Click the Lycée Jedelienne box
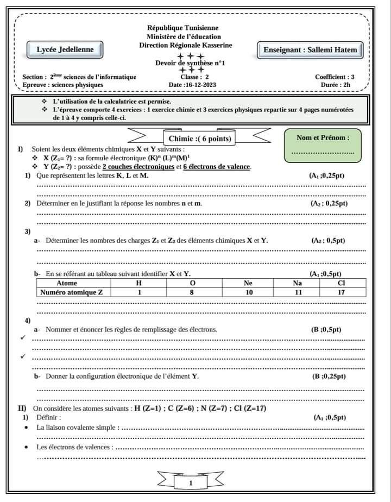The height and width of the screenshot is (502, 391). pos(65,49)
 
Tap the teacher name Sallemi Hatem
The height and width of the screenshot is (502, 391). pos(310,50)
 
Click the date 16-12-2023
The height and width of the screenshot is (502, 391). pos(192,85)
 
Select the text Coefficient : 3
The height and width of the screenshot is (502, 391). pos(335,77)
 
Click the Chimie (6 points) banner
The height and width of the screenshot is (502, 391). pos(199,139)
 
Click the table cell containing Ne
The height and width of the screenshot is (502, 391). pos(248,283)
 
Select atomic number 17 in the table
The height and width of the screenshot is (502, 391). pos(341,292)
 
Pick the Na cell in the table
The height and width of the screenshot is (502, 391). pos(298,283)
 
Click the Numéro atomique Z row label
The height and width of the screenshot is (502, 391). pos(79,292)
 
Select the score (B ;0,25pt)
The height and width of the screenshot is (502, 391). pos(329,376)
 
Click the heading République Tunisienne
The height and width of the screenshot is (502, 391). pos(183,28)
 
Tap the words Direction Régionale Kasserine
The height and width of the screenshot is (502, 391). pos(185,46)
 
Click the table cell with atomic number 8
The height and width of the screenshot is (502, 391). pos(192,292)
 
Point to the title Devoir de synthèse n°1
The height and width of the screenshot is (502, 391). pos(190,63)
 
